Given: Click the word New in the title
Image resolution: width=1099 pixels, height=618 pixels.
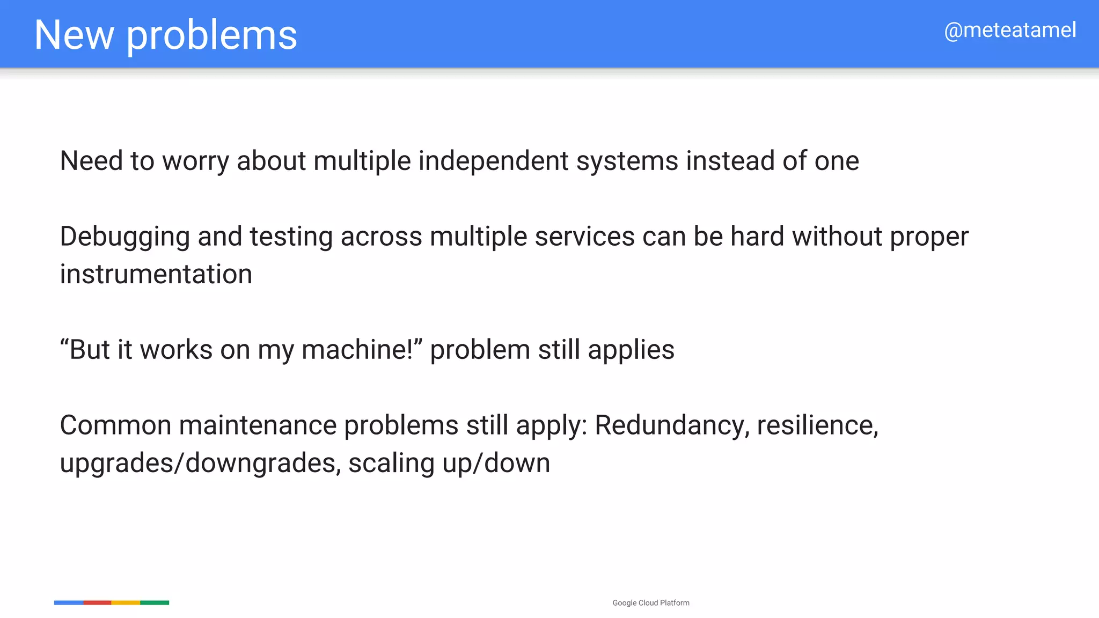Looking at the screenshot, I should click(74, 35).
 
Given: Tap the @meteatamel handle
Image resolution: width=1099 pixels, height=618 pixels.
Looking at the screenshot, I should click(1010, 31).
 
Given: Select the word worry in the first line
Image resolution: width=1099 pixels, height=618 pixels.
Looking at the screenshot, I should click(196, 161).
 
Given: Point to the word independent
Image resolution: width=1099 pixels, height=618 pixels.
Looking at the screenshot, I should click(493, 161).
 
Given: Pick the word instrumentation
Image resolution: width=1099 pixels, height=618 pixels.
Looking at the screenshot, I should click(156, 275).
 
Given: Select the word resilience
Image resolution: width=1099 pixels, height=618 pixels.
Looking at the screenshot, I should click(817, 426).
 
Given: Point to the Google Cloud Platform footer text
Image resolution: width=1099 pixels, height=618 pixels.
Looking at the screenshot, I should click(650, 603).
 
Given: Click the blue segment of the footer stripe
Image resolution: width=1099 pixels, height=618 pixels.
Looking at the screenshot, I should click(68, 603).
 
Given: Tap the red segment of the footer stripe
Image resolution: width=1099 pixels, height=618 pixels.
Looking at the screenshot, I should click(97, 603).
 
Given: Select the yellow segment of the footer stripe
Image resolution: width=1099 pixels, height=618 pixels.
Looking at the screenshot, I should click(126, 603).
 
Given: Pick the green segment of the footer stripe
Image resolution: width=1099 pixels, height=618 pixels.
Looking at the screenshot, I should click(155, 603).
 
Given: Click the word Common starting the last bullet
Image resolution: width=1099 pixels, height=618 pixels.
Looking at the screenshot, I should click(115, 426).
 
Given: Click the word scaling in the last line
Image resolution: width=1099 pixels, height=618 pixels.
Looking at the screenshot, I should click(391, 464).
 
